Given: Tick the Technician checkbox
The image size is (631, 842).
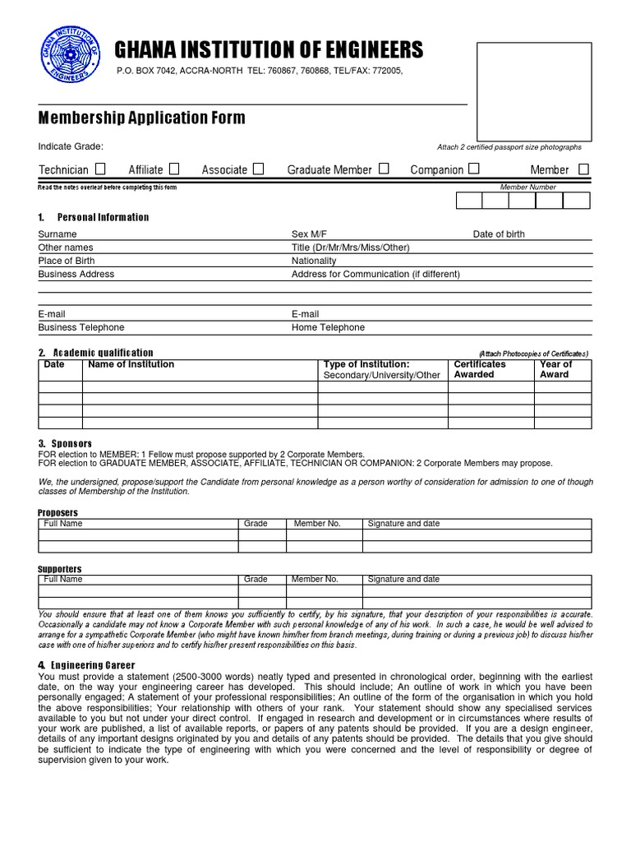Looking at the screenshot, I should pos(100,169).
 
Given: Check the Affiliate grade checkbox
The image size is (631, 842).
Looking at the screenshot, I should pos(174,169).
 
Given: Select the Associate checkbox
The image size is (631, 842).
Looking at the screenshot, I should pos(258,169).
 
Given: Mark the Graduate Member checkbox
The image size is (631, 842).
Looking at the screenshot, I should pos(384,169).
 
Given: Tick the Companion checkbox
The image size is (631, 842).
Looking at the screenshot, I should pos(474,169).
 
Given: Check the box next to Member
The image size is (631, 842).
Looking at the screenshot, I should pos(583,169).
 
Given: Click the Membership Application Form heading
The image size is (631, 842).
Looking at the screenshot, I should pos(141,118).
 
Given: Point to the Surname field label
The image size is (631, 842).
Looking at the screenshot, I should pos(58,234).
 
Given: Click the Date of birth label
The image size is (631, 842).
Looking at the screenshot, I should pos(498,234).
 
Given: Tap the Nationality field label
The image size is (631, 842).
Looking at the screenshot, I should pos(314,261).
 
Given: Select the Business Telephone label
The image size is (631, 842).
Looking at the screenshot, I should pos(81,327).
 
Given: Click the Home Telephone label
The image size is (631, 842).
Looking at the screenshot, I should pos(328,327).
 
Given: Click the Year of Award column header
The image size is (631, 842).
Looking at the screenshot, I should pos(556,369).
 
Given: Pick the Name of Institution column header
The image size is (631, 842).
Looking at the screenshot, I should pos(131,364).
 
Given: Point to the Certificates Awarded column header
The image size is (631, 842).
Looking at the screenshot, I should pos(480,369).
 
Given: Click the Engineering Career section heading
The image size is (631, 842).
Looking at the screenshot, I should pos(92,664).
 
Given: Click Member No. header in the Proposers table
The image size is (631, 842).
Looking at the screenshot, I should pos(316,524).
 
